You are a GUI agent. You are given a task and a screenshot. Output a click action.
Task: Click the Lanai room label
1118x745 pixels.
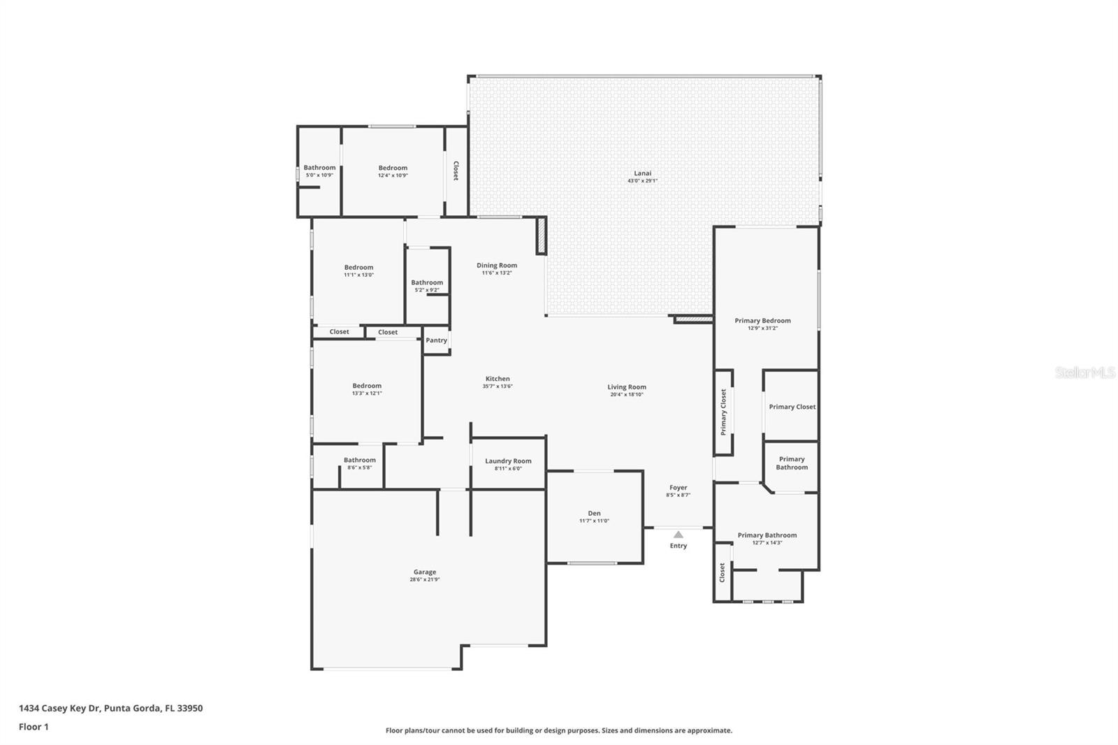click(x=642, y=173)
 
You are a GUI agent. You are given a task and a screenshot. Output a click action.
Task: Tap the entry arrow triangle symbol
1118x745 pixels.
click(x=678, y=535)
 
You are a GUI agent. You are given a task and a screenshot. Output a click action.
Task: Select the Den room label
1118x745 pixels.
click(x=594, y=513)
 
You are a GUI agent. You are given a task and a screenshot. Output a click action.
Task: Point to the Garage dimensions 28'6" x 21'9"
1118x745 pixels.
click(x=424, y=579)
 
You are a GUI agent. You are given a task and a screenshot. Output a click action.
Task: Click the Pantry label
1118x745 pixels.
click(x=436, y=340)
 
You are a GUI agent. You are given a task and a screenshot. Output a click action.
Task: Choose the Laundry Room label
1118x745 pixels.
click(x=508, y=461)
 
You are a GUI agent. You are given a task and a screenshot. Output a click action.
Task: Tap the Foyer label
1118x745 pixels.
click(x=678, y=488)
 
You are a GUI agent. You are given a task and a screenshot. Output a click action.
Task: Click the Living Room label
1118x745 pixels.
click(x=626, y=386)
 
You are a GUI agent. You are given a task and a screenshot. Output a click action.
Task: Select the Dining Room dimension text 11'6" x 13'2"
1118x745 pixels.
click(x=497, y=273)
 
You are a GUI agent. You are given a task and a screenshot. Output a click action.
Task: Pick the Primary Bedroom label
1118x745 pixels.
click(x=762, y=321)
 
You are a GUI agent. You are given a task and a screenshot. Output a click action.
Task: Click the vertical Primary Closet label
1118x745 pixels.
click(x=723, y=412)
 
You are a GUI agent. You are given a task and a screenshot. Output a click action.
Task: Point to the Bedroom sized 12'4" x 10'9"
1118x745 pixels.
click(x=393, y=168)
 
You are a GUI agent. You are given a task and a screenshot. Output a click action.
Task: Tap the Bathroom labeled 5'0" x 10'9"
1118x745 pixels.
click(x=319, y=168)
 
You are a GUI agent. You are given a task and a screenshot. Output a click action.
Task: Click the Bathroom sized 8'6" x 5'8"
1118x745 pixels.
click(x=359, y=460)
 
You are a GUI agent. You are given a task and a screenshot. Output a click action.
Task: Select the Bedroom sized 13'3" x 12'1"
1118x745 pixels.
click(x=367, y=386)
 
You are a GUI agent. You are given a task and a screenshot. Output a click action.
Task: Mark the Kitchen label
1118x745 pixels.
click(x=498, y=379)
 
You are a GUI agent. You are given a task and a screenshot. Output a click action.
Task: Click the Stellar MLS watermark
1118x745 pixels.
click(x=1084, y=373)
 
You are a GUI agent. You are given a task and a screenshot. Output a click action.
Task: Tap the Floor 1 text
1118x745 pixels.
click(x=34, y=727)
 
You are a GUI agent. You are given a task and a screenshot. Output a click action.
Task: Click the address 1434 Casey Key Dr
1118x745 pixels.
click(x=60, y=708)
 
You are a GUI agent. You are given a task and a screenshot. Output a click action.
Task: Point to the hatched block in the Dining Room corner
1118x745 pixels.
click(x=541, y=236)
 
